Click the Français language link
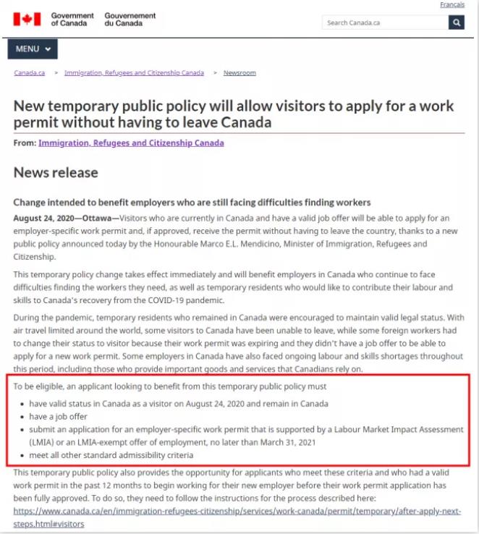(452, 5)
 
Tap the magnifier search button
(456, 22)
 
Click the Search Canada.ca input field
(384, 22)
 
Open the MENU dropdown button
(33, 49)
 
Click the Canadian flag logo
(27, 20)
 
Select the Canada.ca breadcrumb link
(30, 73)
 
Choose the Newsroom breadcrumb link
(239, 73)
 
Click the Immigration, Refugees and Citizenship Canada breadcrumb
(134, 73)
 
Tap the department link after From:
(131, 143)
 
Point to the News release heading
(56, 173)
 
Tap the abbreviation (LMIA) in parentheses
(41, 442)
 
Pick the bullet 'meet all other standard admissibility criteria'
(111, 455)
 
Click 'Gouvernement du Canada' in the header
(130, 20)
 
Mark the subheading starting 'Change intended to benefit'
(192, 203)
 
